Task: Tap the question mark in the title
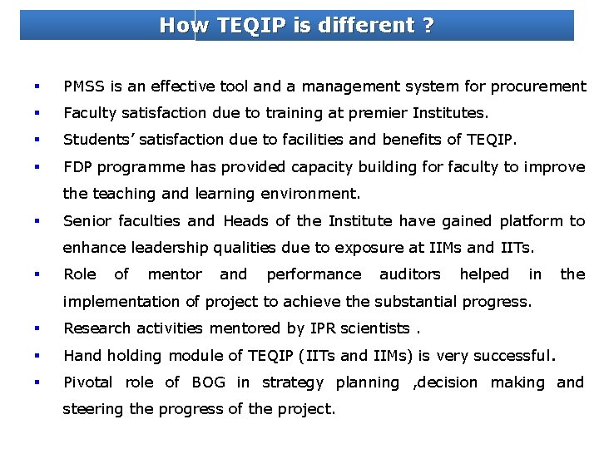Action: [428, 26]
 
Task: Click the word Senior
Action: [87, 220]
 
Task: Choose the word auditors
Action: [409, 274]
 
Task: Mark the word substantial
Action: [407, 301]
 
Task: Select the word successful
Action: [510, 356]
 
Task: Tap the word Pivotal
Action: [88, 382]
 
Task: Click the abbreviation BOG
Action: [208, 382]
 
